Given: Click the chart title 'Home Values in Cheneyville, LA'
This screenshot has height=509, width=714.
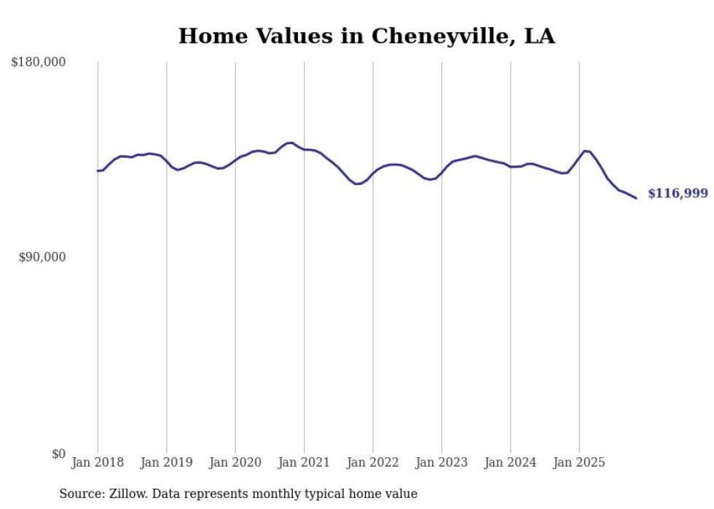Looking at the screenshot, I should (x=366, y=36).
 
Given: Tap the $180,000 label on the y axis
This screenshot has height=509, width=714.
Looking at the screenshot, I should (x=39, y=63).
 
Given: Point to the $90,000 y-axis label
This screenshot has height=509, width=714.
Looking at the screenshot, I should (x=42, y=257).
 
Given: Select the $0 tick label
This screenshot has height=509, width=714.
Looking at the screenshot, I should (x=58, y=454).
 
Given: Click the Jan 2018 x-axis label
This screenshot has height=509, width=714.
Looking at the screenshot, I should (x=98, y=462).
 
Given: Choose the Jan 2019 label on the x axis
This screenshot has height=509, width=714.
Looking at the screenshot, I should (x=167, y=462).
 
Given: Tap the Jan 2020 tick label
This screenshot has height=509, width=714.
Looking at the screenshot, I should (x=235, y=462).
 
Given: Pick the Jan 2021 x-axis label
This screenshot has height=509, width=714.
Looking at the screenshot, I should (x=304, y=462).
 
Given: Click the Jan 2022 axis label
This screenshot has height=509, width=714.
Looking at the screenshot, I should (x=373, y=462).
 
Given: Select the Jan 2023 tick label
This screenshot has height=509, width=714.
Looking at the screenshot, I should (x=442, y=462).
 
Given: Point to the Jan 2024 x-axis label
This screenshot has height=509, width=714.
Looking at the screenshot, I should (x=510, y=462).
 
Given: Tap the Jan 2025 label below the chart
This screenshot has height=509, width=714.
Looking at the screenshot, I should (x=579, y=462).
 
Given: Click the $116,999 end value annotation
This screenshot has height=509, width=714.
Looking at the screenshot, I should (x=678, y=193).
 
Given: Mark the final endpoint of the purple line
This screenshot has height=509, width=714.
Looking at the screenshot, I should (x=636, y=198).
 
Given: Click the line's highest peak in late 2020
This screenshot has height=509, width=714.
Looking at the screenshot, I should (x=290, y=143).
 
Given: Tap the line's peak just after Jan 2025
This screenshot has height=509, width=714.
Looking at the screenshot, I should (x=585, y=151).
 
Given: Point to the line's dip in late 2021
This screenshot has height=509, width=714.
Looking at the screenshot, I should (x=356, y=184).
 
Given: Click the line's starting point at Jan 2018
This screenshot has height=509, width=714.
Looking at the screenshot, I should (x=98, y=170).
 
